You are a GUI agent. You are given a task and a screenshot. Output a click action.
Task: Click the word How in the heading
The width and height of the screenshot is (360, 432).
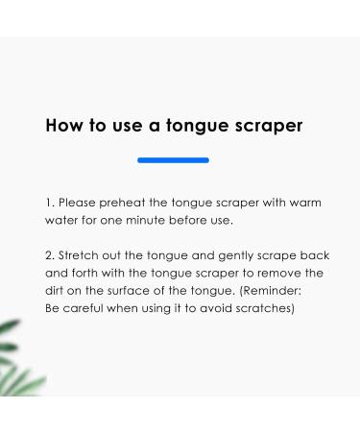click(x=62, y=126)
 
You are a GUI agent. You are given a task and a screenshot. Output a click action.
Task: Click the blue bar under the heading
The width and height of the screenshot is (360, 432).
click(x=173, y=160)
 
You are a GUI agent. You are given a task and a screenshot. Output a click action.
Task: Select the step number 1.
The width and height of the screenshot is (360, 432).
click(x=49, y=204)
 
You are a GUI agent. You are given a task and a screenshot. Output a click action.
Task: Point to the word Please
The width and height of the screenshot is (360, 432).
click(x=79, y=204)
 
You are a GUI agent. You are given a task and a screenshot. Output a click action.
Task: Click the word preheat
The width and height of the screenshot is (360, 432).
click(x=129, y=204)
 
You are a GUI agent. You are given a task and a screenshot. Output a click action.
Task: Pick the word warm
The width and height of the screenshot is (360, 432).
click(x=299, y=204)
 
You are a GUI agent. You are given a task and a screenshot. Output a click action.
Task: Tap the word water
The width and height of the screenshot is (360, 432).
click(x=63, y=220)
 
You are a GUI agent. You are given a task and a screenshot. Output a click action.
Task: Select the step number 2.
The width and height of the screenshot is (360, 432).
click(x=50, y=256)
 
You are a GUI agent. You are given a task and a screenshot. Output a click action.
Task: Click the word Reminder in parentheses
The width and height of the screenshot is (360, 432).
click(x=275, y=291)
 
